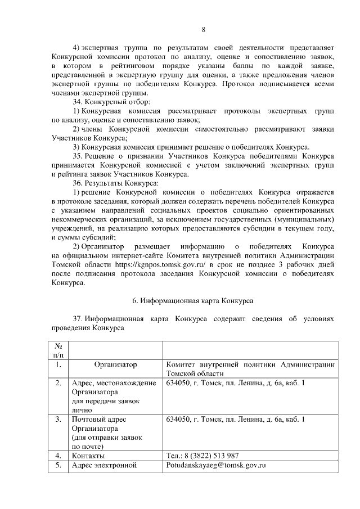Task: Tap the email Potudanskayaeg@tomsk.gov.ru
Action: click(x=215, y=466)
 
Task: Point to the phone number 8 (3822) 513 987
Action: click(x=206, y=455)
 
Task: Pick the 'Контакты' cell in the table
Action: click(x=88, y=455)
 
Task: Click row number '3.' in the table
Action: click(x=58, y=419)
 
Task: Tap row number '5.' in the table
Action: click(x=58, y=466)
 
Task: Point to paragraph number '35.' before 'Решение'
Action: click(x=78, y=156)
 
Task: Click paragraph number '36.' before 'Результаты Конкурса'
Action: click(x=78, y=183)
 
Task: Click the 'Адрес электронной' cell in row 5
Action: click(x=104, y=466)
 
